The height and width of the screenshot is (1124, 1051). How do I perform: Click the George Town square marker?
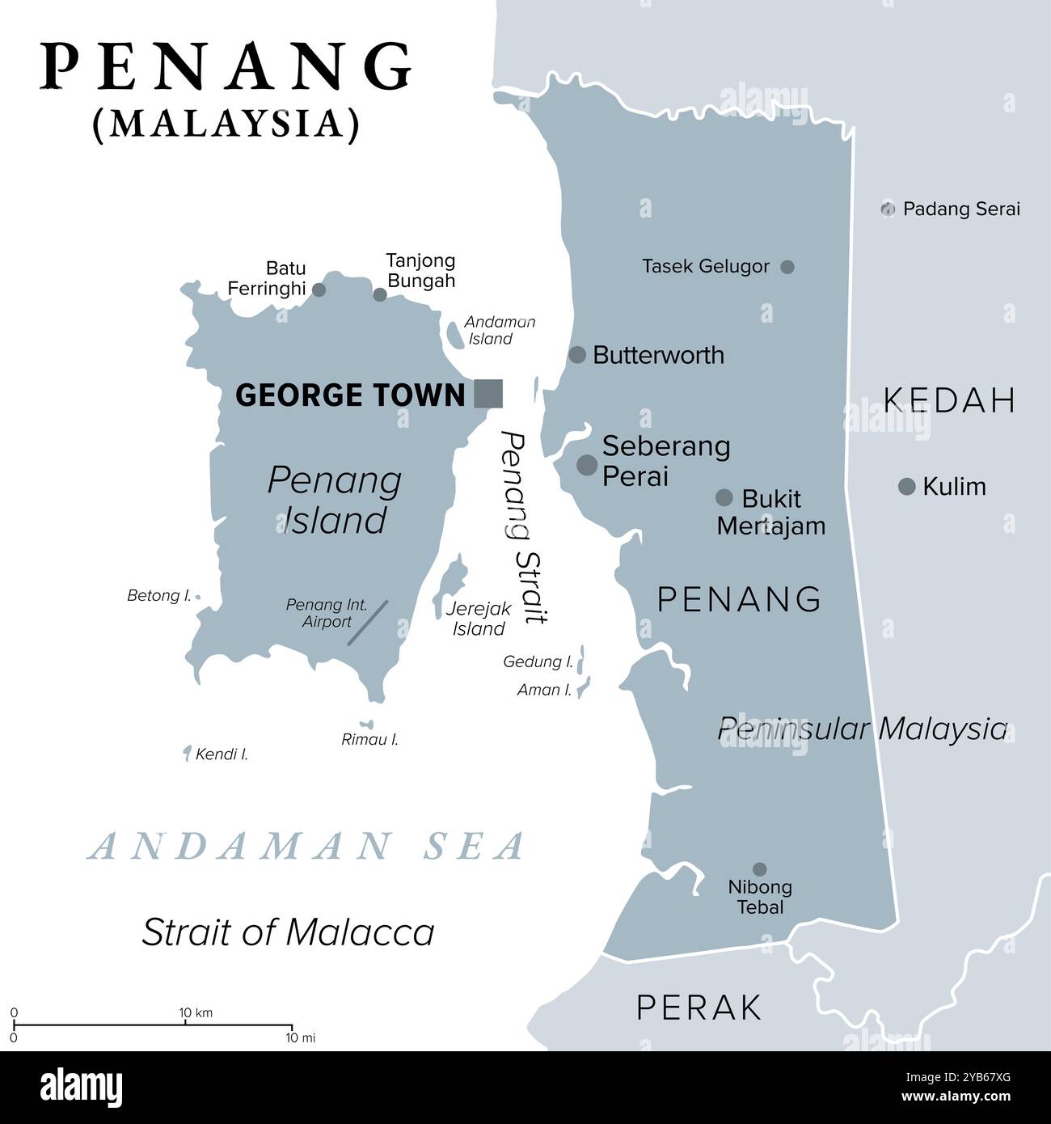pyautogui.click(x=488, y=393)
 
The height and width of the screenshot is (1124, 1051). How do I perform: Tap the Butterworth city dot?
pyautogui.click(x=577, y=354)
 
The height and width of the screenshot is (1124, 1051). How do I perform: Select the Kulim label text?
pyautogui.click(x=954, y=487)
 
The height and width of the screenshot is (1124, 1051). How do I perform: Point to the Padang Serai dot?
pyautogui.click(x=888, y=209)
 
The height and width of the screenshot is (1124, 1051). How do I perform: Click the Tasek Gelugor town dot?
pyautogui.click(x=787, y=266)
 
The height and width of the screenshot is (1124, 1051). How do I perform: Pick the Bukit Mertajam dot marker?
pyautogui.click(x=724, y=497)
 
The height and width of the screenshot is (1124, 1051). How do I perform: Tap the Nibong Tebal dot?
pyautogui.click(x=759, y=869)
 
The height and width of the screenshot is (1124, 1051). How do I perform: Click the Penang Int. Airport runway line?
pyautogui.click(x=368, y=622)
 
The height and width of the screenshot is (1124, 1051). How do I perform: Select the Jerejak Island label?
pyautogui.click(x=479, y=619)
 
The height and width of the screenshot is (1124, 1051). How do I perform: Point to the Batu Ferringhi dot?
pyautogui.click(x=319, y=289)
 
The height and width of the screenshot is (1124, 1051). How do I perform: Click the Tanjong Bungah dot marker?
pyautogui.click(x=380, y=294)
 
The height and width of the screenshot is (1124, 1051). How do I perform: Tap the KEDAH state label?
pyautogui.click(x=948, y=400)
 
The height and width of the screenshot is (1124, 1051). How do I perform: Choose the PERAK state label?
pyautogui.click(x=699, y=1008)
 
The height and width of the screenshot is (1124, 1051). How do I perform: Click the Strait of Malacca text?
pyautogui.click(x=288, y=932)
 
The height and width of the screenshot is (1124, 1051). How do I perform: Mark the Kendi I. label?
pyautogui.click(x=222, y=754)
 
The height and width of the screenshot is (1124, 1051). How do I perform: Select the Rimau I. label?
pyautogui.click(x=370, y=739)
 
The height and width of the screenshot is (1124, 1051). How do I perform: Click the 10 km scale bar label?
pyautogui.click(x=196, y=1012)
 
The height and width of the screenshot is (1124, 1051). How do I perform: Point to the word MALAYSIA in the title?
pyautogui.click(x=226, y=124)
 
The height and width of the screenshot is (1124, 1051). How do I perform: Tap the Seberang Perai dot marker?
pyautogui.click(x=587, y=464)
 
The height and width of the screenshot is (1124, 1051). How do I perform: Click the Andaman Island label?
pyautogui.click(x=499, y=330)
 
